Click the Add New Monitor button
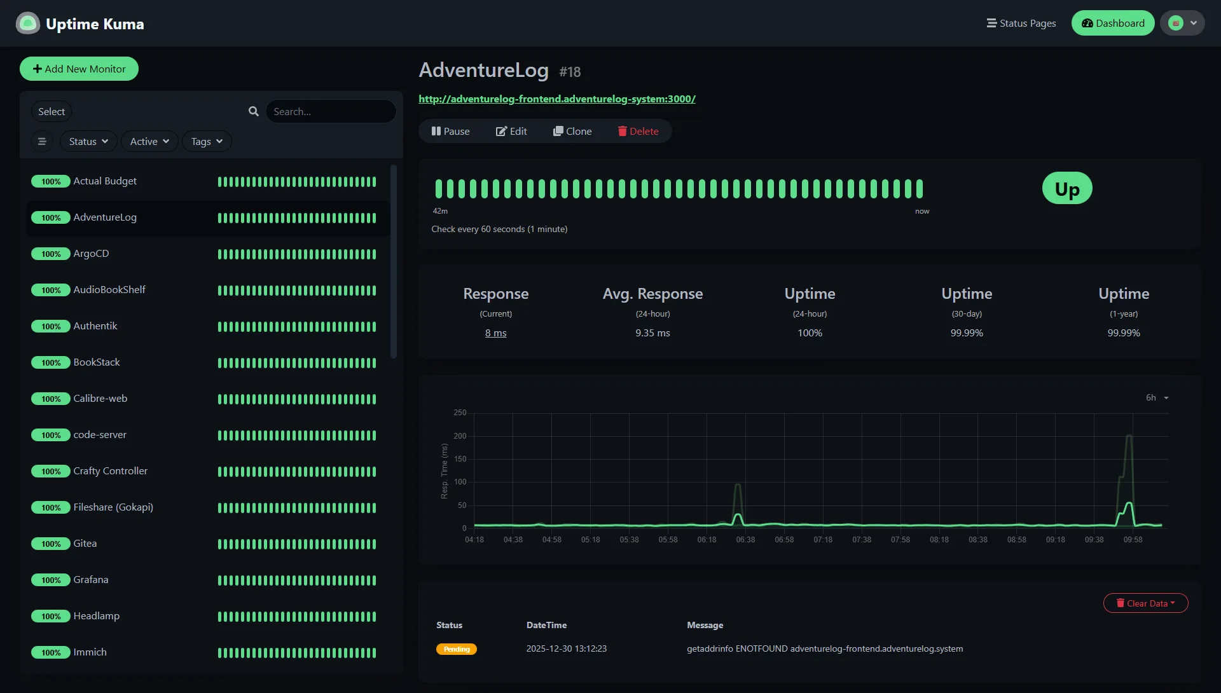79,69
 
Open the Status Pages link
1021,24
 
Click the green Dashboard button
1113,24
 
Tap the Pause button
450,131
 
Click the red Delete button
638,131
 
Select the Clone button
572,131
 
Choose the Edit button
511,131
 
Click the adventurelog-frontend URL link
557,99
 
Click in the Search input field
331,111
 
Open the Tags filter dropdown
207,141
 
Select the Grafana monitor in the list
91,580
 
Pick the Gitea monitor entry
85,544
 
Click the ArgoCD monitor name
91,254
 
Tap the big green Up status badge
1067,189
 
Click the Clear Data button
1145,603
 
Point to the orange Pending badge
457,649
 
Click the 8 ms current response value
496,333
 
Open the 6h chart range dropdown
1157,398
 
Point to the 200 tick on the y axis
460,436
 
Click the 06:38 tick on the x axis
745,540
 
